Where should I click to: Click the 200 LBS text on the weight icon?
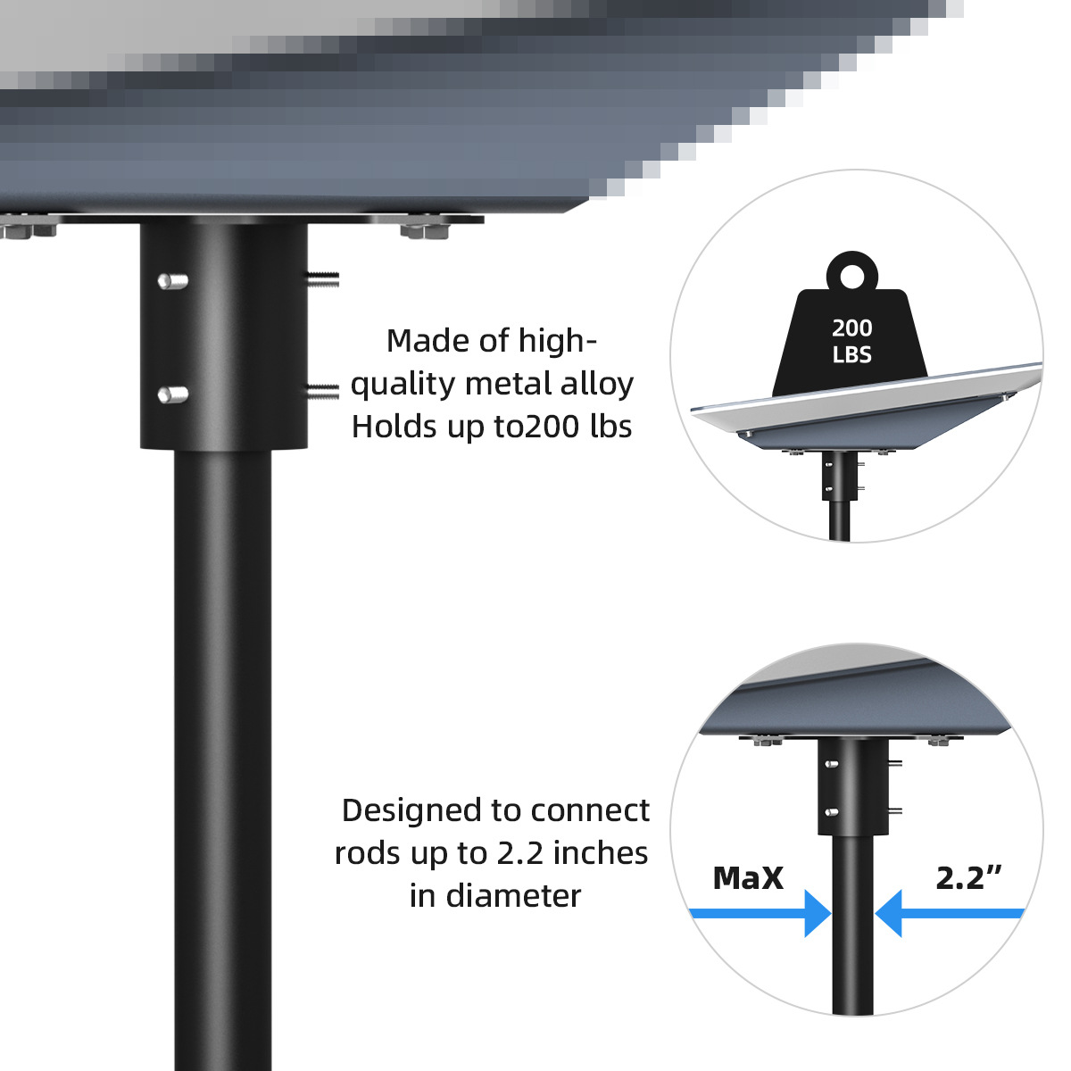coord(851,342)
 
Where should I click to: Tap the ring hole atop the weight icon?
coord(851,275)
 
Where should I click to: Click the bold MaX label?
coord(748,878)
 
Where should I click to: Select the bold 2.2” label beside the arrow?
coord(967,878)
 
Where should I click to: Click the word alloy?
coord(597,384)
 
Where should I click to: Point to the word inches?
coord(601,853)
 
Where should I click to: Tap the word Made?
coord(425,341)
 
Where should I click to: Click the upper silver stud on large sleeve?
coord(172,281)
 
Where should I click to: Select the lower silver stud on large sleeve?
coord(172,394)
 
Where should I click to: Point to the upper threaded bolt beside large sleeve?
coord(323,279)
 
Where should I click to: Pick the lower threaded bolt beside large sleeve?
coord(323,390)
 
